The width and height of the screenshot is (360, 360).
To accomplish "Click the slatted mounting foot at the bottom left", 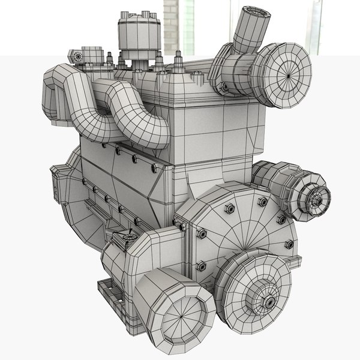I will (112, 294).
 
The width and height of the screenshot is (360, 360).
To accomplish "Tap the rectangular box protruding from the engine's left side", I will (58, 182).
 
